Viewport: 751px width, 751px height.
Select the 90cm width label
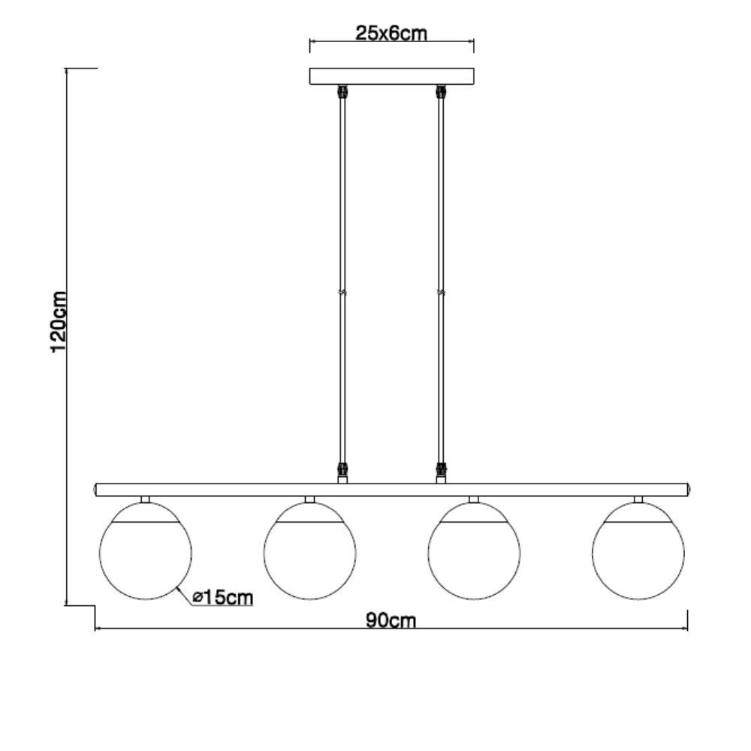pos(391,620)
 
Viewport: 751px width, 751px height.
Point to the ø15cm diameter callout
pos(222,597)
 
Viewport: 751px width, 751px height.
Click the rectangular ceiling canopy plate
pos(392,76)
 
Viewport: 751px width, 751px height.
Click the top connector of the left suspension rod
pos(343,92)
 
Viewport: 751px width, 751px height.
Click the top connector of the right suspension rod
pos(441,92)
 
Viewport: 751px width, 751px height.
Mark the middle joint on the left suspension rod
pos(343,292)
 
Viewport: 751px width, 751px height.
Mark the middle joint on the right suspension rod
pos(441,292)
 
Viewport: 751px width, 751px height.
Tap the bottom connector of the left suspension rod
pos(343,472)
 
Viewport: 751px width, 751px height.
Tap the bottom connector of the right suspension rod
pos(441,472)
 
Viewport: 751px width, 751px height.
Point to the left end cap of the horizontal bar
pos(96,490)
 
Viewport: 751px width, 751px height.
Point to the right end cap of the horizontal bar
pos(689,490)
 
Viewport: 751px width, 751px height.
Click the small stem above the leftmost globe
pos(145,499)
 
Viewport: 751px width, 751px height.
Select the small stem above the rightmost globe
pos(638,499)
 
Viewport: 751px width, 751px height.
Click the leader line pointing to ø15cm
pos(182,596)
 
